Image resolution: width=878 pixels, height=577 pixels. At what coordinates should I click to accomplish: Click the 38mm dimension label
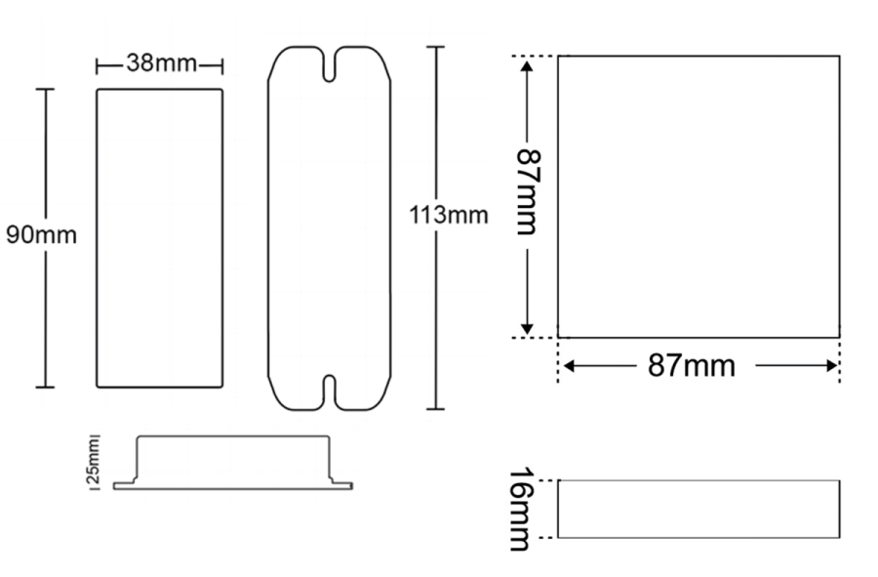pyautogui.click(x=162, y=62)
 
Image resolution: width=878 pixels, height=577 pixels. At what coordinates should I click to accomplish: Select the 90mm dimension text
pyautogui.click(x=41, y=234)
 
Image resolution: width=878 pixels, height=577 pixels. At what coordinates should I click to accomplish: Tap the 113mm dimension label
pyautogui.click(x=449, y=215)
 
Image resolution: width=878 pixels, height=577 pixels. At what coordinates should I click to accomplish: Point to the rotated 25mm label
pyautogui.click(x=94, y=462)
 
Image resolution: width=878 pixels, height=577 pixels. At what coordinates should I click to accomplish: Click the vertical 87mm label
pyautogui.click(x=527, y=191)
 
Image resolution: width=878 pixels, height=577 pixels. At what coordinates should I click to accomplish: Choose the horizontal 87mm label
pyautogui.click(x=692, y=366)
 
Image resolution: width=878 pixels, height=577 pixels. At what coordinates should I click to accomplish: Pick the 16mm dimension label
pyautogui.click(x=522, y=510)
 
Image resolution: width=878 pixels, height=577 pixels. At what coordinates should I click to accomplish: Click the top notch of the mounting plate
pyautogui.click(x=330, y=65)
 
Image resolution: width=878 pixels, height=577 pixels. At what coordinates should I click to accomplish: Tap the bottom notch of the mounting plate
pyautogui.click(x=330, y=392)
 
